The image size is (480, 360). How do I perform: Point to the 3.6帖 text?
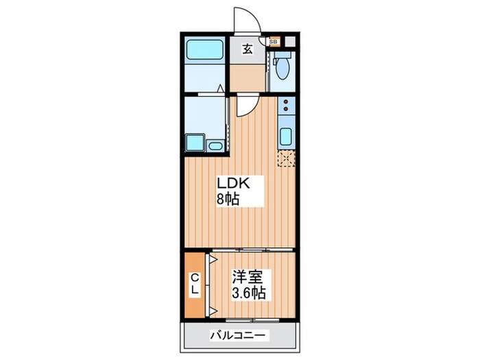pyautogui.click(x=249, y=292)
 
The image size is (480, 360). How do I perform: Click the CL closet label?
pyautogui.click(x=195, y=285)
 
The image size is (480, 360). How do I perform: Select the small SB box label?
pyautogui.click(x=273, y=42)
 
